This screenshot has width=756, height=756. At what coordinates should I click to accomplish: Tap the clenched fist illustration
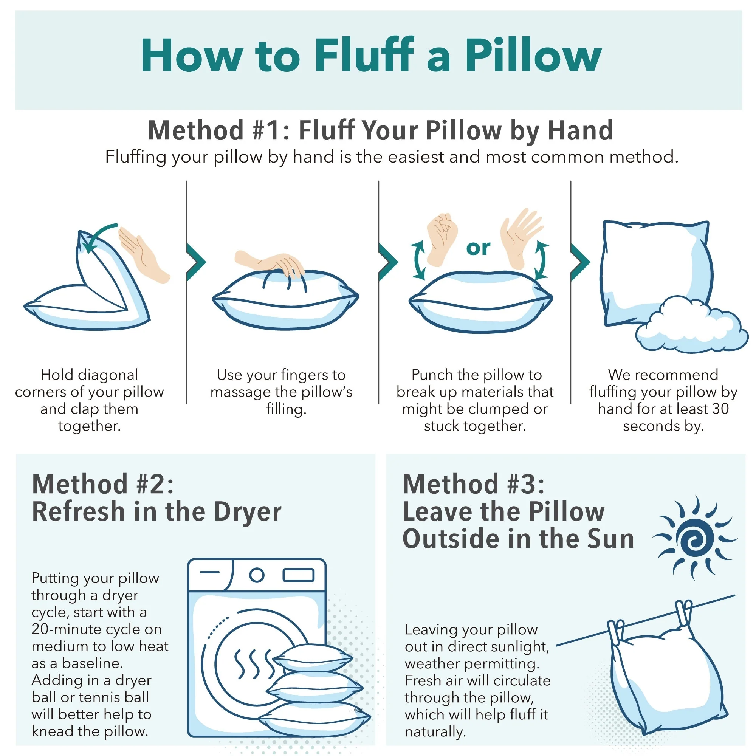(x=442, y=238)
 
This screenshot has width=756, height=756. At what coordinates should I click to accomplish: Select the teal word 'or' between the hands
(x=478, y=248)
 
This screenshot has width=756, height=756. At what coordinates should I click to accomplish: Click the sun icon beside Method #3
(x=694, y=538)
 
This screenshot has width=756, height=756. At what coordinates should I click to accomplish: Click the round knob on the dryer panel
(x=257, y=575)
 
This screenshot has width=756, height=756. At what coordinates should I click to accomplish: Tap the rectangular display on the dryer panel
(x=299, y=575)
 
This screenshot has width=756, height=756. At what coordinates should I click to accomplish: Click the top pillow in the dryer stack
(x=313, y=658)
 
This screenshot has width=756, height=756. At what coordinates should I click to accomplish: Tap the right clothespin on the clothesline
(x=684, y=614)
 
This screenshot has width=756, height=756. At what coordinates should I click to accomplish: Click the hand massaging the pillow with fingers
(x=270, y=264)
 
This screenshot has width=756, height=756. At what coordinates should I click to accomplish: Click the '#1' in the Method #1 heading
(x=267, y=130)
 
